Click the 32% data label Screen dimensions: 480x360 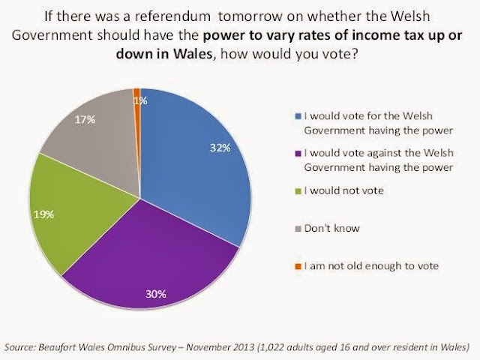[220, 148]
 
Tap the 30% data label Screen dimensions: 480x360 [156, 294]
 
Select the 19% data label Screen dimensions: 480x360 [43, 214]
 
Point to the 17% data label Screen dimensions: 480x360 [85, 119]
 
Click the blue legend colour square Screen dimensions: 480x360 [298, 116]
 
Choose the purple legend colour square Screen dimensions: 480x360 [298, 153]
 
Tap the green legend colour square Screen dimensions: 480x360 [298, 191]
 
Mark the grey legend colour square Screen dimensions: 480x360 [298, 229]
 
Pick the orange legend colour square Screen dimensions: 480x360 [298, 267]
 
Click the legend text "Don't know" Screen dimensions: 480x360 [331, 228]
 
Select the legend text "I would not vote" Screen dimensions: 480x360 [343, 190]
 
